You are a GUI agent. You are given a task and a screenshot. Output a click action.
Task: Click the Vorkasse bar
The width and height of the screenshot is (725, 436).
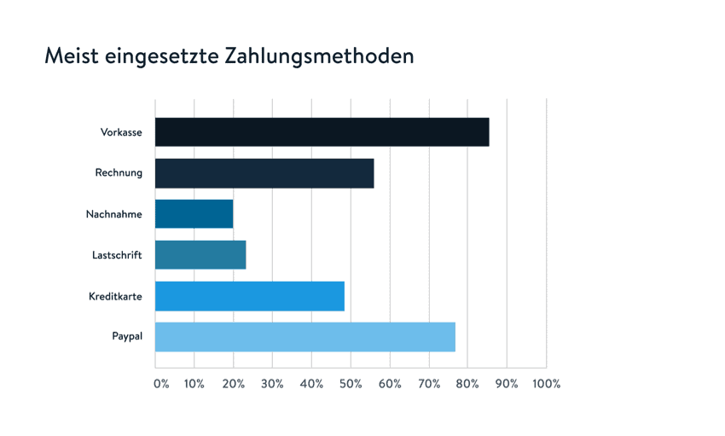(x=322, y=132)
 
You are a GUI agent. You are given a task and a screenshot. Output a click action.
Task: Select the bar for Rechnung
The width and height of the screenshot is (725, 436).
(x=264, y=173)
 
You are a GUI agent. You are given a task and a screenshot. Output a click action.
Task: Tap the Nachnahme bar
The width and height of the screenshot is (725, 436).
(x=194, y=214)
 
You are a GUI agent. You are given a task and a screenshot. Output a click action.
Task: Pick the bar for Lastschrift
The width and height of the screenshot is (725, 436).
(x=200, y=255)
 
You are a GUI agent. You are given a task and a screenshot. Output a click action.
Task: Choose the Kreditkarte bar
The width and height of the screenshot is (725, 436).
(x=249, y=296)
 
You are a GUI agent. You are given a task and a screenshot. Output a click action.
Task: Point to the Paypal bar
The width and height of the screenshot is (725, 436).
(x=304, y=337)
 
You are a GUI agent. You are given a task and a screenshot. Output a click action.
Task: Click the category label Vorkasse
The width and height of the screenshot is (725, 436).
(x=121, y=132)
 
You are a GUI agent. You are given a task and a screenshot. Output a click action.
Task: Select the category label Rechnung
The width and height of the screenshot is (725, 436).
(x=119, y=173)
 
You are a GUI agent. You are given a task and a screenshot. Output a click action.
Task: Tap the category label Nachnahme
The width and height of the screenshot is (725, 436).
(x=114, y=214)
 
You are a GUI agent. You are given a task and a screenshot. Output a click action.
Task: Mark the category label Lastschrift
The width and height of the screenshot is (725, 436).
(x=117, y=255)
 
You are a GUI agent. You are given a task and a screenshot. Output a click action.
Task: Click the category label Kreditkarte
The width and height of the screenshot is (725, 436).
(x=115, y=296)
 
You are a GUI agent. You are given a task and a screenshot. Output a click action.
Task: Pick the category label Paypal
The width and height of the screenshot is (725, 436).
(x=127, y=337)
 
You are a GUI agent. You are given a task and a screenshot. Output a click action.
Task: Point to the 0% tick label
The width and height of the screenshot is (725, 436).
(x=161, y=384)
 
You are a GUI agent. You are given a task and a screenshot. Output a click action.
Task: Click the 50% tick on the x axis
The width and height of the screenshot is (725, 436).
(x=351, y=384)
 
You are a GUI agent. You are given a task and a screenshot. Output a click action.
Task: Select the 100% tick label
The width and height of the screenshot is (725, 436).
(x=546, y=384)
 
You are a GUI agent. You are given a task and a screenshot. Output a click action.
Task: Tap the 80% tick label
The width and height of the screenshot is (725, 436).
(x=467, y=384)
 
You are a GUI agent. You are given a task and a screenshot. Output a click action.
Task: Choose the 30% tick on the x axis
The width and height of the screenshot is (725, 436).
(x=272, y=384)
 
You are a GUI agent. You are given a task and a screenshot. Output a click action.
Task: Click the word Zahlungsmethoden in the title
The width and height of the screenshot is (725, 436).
(x=320, y=57)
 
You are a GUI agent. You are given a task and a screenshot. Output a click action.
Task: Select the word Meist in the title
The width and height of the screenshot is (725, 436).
(x=71, y=56)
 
